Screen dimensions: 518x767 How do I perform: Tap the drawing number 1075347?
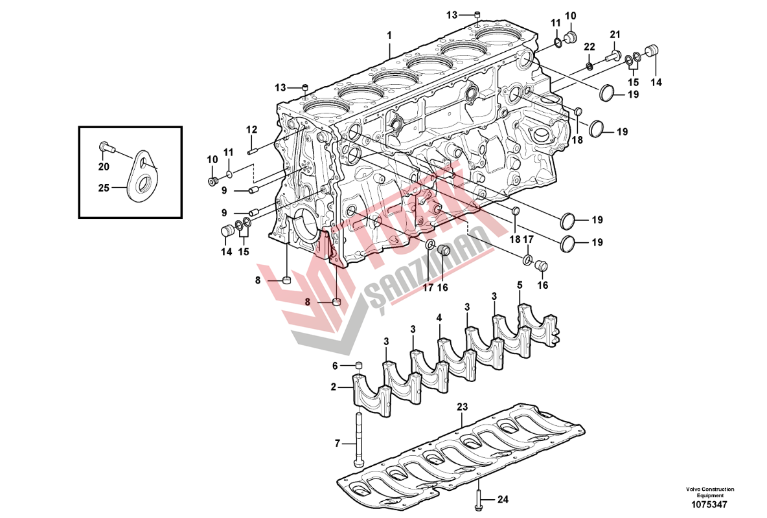pos(710,504)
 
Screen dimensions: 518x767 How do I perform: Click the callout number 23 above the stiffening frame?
pos(462,407)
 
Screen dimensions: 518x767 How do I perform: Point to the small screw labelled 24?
pos(478,498)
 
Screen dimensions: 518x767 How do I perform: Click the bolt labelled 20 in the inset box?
pos(106,149)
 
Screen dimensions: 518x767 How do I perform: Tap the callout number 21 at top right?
pos(615,34)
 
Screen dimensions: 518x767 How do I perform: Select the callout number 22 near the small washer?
pos(589,47)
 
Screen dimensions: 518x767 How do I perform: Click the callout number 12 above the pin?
pos(252,129)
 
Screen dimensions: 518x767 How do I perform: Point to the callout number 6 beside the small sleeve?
pos(336,366)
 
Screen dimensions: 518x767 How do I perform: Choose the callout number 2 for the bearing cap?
pos(334,387)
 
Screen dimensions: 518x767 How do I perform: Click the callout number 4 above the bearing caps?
pos(439,318)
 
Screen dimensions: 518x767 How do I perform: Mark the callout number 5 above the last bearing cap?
pos(520,285)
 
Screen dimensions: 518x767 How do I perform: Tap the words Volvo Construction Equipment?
pos(710,492)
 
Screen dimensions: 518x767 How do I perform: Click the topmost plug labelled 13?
pos(477,14)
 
